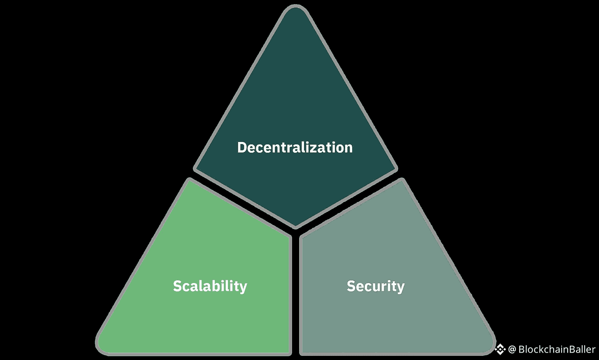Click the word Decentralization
295,147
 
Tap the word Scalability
210,286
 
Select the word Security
376,286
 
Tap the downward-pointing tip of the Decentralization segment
295,226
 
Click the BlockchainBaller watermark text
557,349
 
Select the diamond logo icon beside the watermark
500,349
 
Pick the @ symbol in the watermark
512,349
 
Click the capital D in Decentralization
242,147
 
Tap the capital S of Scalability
177,286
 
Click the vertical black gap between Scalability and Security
295,296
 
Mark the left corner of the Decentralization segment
196,168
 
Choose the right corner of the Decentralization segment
395,168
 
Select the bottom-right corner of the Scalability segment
289,352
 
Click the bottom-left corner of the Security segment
302,352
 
